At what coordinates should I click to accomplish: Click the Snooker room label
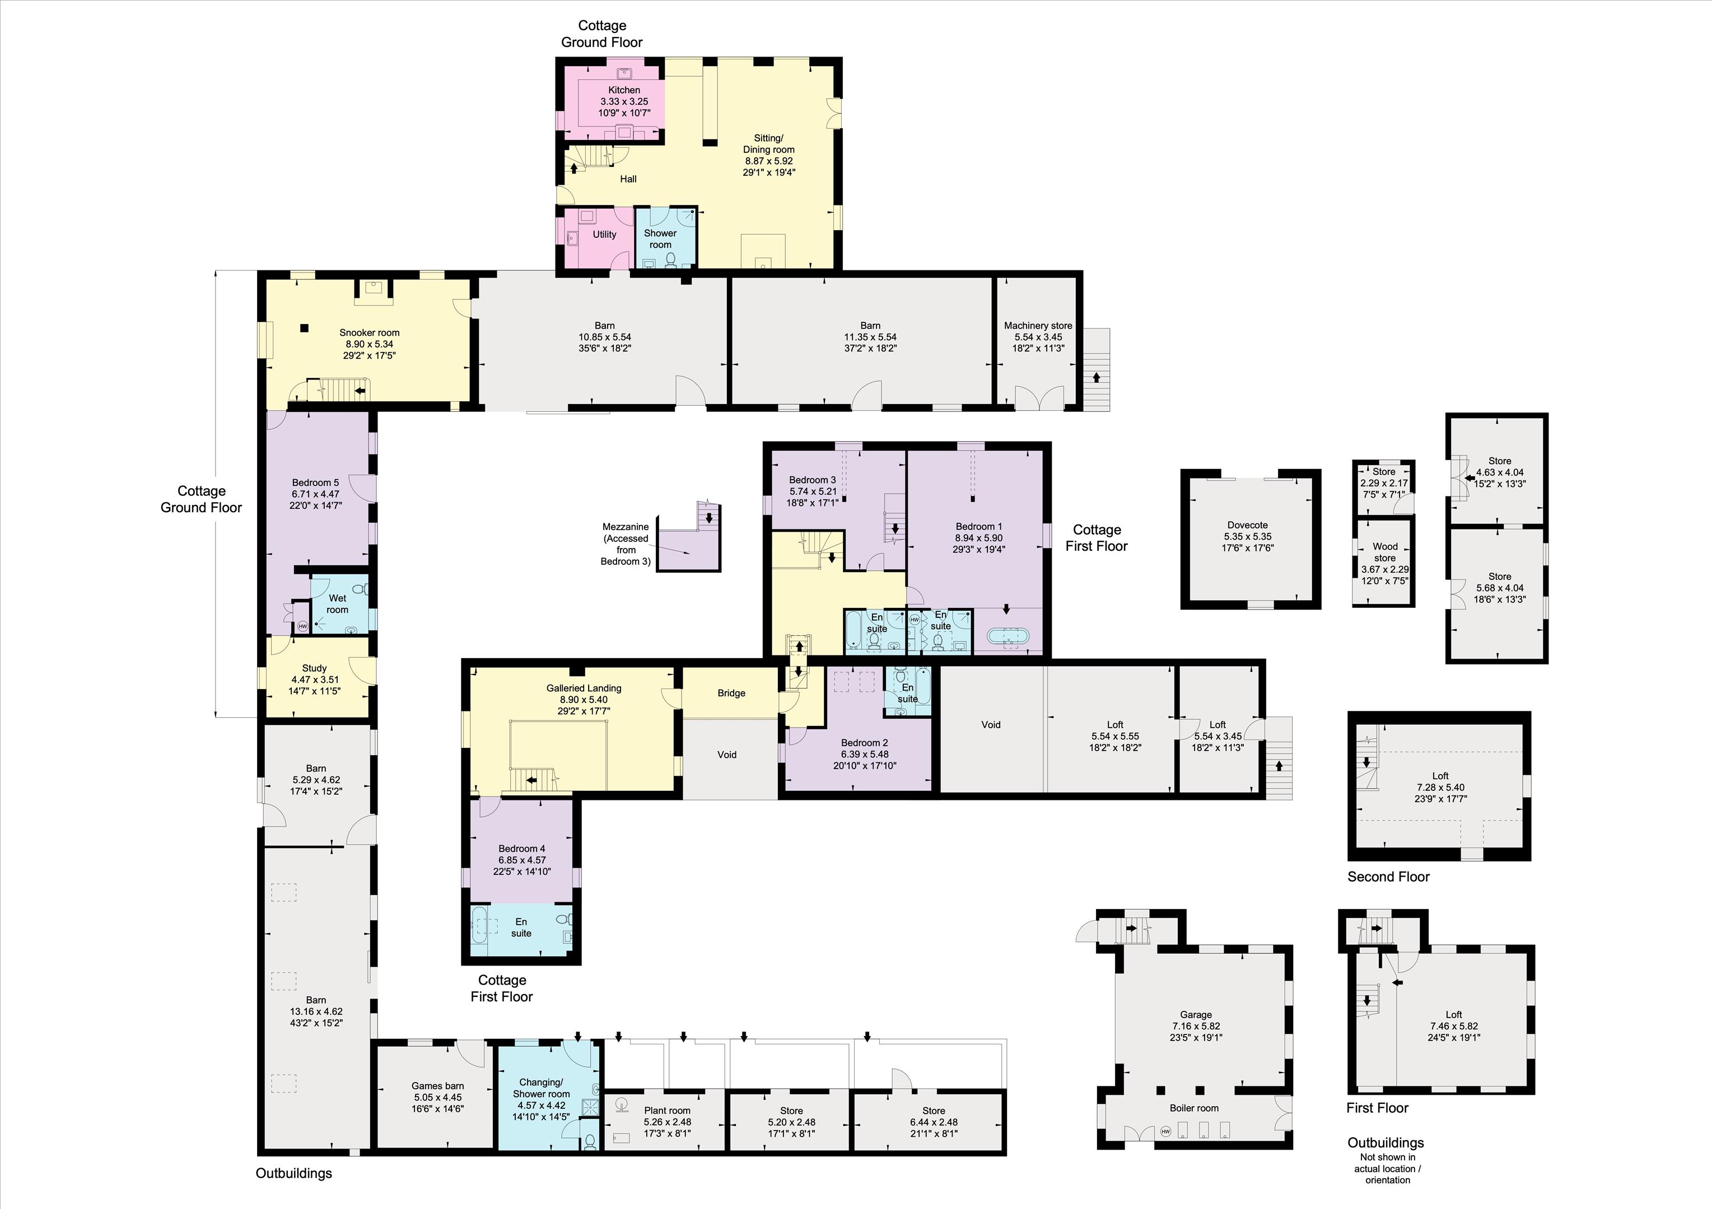point(369,332)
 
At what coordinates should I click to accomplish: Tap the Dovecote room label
point(1248,525)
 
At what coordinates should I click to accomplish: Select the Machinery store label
point(1038,326)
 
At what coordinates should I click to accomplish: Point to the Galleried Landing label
point(584,688)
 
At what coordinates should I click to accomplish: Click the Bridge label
point(731,693)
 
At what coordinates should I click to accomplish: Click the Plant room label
point(668,1110)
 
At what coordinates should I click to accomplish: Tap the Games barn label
point(438,1086)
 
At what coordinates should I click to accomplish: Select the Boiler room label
point(1194,1108)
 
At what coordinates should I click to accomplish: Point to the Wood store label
point(1384,552)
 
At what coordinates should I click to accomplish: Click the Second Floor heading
point(1388,877)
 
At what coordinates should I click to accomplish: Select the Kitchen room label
point(624,90)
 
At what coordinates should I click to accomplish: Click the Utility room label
point(605,234)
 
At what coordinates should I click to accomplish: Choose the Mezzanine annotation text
point(626,544)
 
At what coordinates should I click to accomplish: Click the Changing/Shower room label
point(542,1088)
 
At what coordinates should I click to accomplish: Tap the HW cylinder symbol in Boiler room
point(1165,1132)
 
